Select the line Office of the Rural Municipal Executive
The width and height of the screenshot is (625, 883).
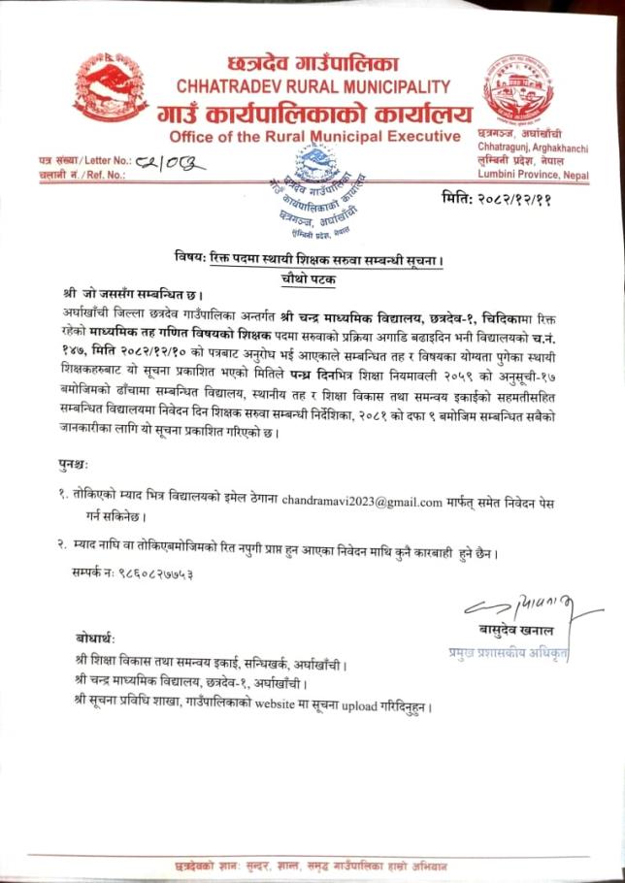[314, 135]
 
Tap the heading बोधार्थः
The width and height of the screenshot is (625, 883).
[94, 638]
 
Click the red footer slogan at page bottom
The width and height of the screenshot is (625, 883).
[312, 863]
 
